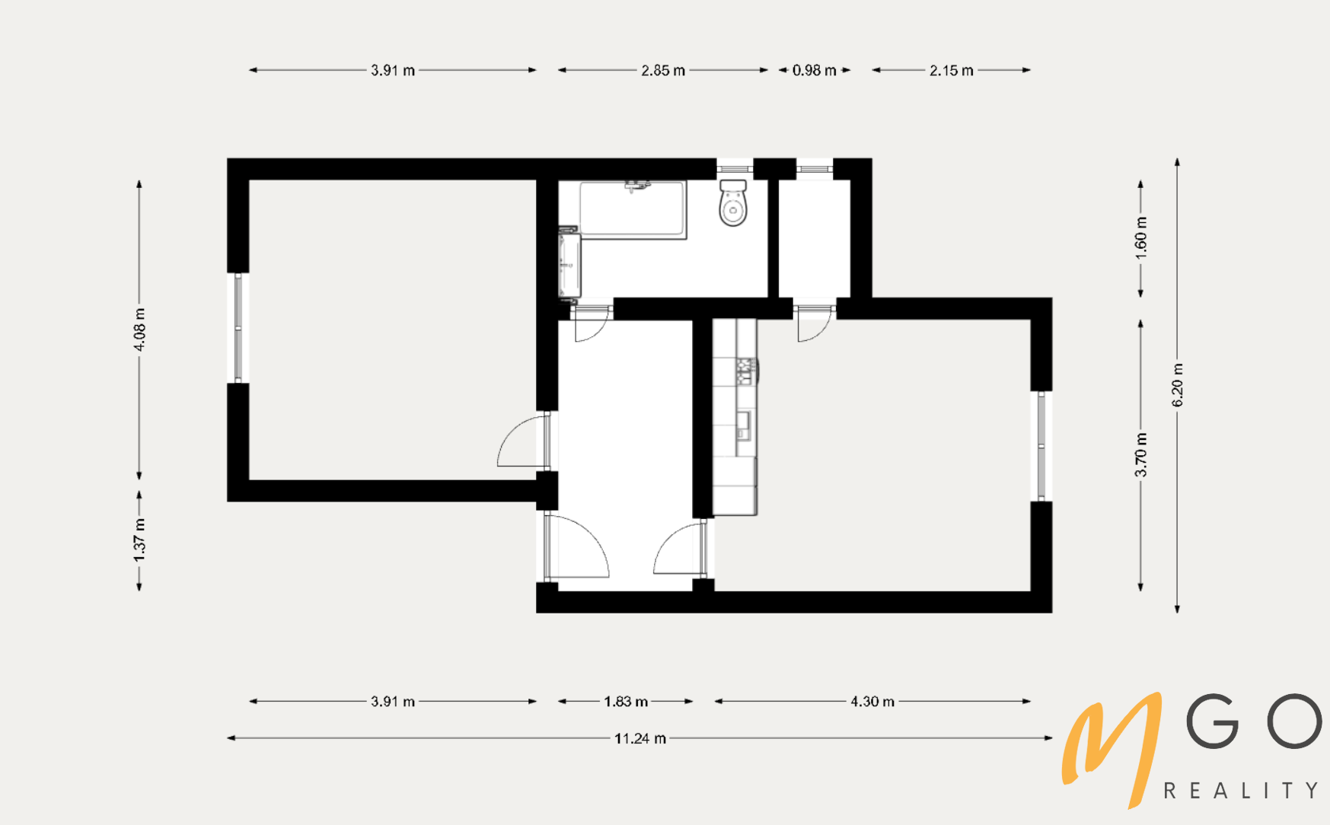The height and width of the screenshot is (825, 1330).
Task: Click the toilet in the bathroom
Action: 733,203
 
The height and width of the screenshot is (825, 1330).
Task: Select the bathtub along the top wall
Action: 633,209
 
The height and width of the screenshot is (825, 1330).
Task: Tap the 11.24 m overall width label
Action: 640,738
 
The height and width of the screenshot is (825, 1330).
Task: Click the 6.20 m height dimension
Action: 1177,384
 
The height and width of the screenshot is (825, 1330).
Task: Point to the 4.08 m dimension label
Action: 139,330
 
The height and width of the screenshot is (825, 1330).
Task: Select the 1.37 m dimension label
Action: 139,540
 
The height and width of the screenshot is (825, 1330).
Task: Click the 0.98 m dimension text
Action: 814,70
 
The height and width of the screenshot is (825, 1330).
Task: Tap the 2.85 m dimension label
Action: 663,70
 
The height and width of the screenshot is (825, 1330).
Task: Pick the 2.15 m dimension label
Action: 951,70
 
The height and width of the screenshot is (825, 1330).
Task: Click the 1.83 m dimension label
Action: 626,701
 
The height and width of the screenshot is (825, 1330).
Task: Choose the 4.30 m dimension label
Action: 872,701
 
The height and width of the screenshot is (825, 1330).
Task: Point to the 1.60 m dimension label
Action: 1140,237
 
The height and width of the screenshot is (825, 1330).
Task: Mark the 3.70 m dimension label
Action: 1140,454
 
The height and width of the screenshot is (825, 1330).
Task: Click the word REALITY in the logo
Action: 1241,791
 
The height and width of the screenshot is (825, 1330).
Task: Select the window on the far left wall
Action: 238,328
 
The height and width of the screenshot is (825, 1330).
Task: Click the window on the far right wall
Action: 1041,447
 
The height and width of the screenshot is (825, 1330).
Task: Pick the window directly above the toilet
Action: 735,168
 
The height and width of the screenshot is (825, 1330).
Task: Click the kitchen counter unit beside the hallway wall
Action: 735,417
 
